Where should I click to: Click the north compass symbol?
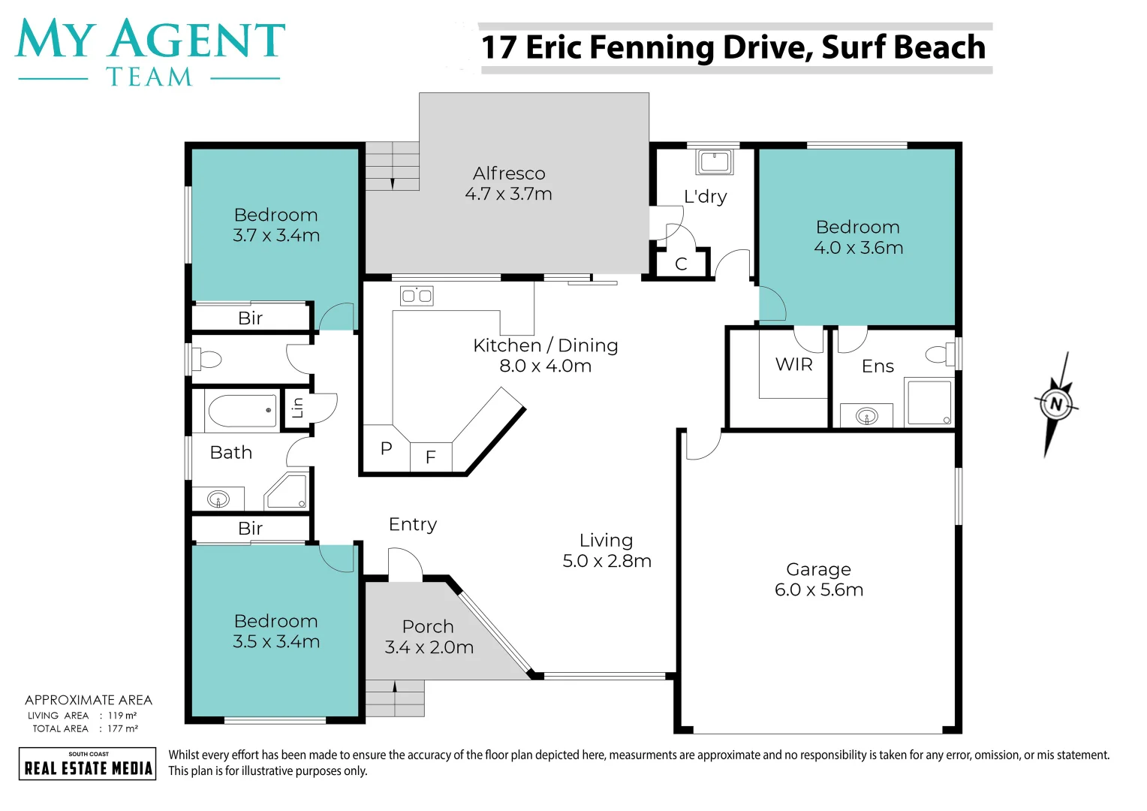(x=1056, y=404)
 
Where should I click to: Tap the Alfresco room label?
(x=509, y=173)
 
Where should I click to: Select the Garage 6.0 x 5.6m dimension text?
(x=818, y=590)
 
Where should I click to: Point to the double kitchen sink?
(x=417, y=296)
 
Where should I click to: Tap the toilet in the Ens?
(x=939, y=354)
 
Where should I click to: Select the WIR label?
(x=793, y=365)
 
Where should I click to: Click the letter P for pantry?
(x=386, y=449)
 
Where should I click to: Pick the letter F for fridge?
(x=430, y=457)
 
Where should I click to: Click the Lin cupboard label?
(x=298, y=408)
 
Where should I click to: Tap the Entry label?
(x=412, y=524)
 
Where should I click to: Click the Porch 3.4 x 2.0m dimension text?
(x=429, y=647)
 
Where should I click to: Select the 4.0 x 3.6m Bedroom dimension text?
(x=858, y=248)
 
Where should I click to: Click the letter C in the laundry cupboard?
(x=681, y=264)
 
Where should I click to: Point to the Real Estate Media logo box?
(x=88, y=764)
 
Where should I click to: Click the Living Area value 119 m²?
(x=122, y=716)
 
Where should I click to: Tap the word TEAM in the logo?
(x=149, y=77)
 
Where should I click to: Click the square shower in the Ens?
(x=929, y=403)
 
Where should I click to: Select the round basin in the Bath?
(x=218, y=499)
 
